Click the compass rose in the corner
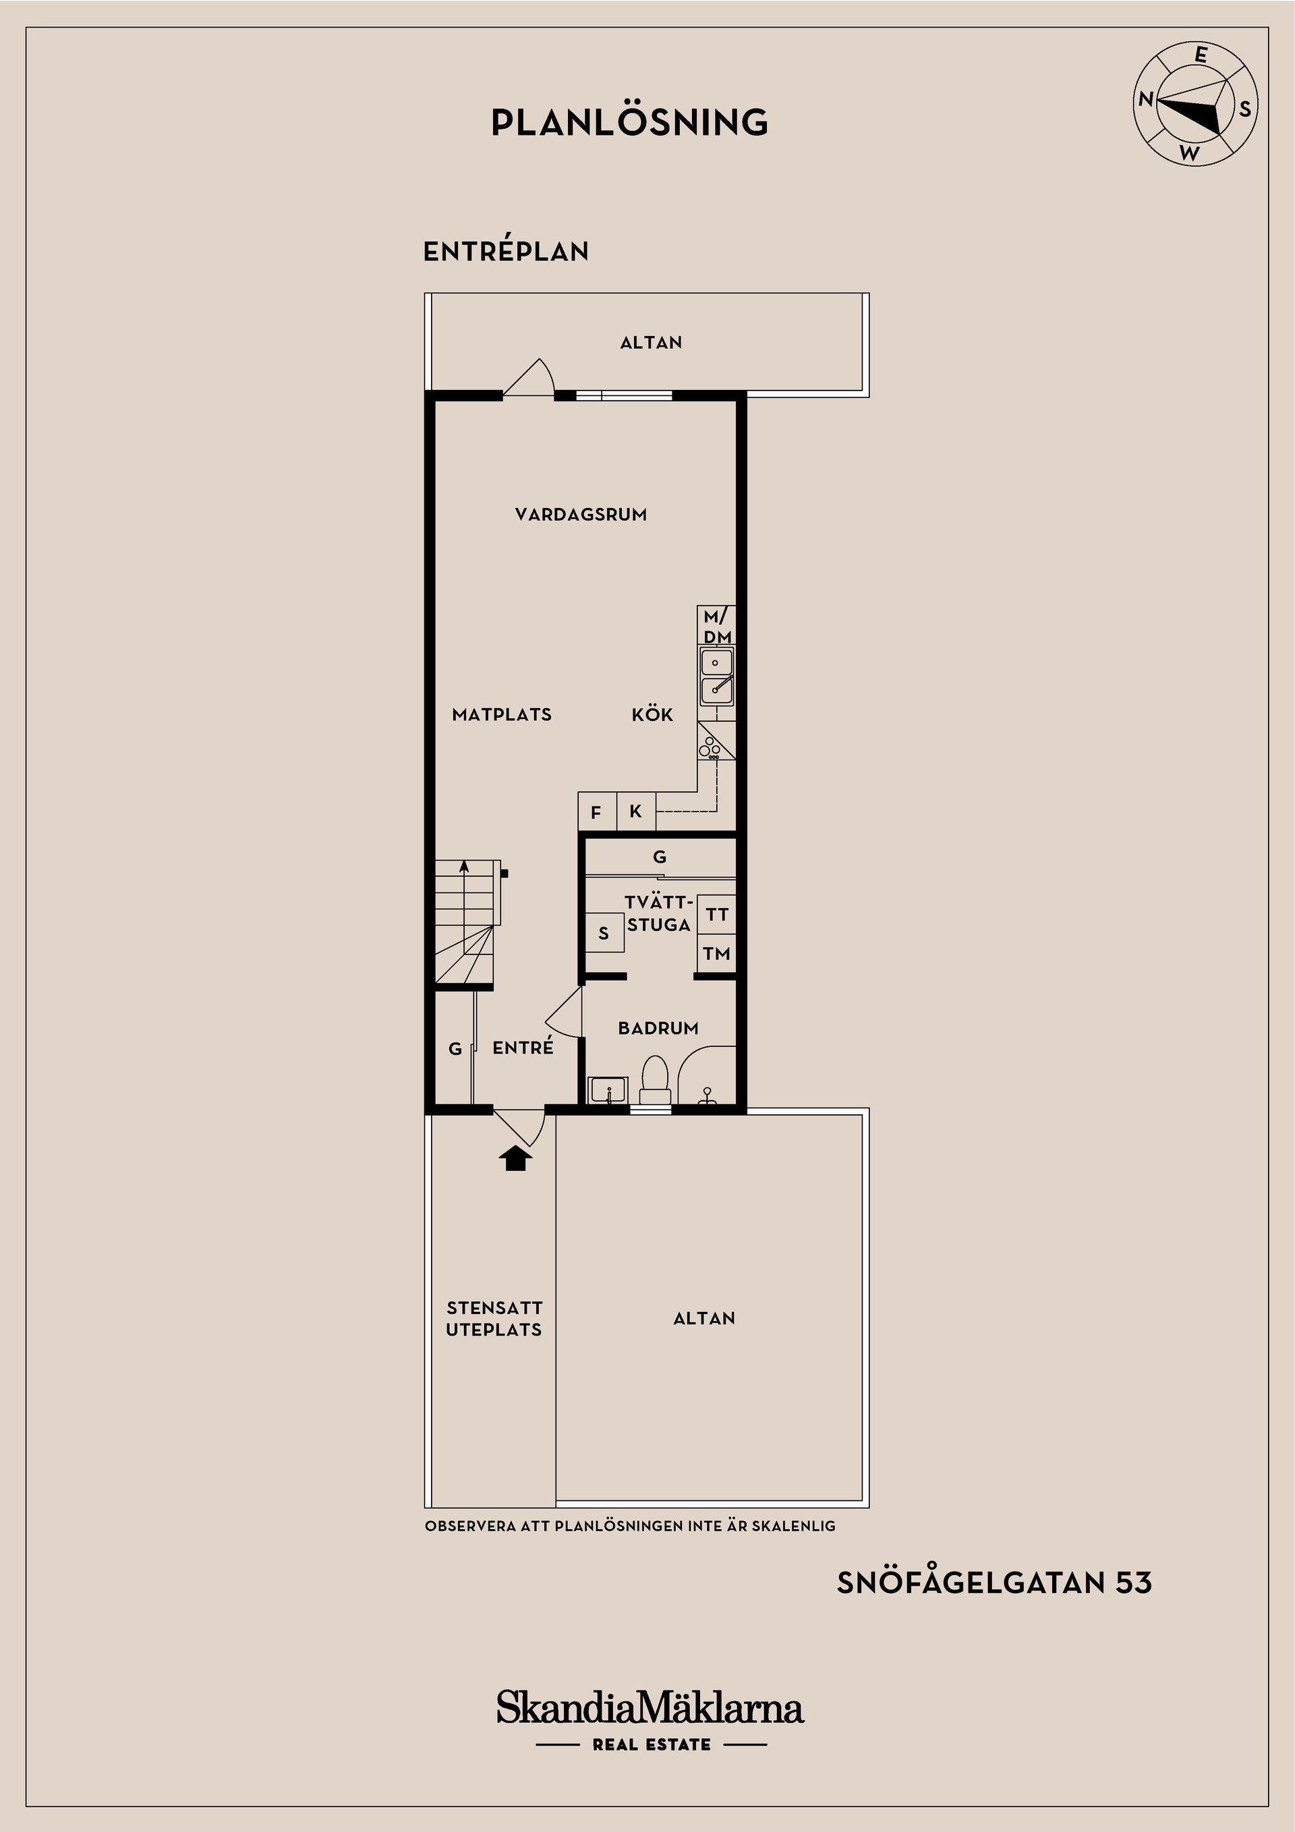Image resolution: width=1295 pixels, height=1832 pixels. tap(1195, 105)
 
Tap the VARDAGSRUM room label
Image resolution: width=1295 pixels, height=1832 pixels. tap(581, 515)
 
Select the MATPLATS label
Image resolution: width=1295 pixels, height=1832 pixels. tap(502, 715)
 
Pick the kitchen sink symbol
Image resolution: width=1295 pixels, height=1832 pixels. tap(716, 677)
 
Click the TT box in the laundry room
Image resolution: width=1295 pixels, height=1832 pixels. tap(716, 915)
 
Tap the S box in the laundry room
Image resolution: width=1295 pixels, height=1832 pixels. tap(604, 933)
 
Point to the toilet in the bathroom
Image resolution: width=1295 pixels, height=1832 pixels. tap(655, 1079)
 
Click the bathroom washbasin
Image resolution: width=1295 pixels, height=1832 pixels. tap(608, 1091)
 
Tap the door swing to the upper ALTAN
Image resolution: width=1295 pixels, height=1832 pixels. tap(528, 376)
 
